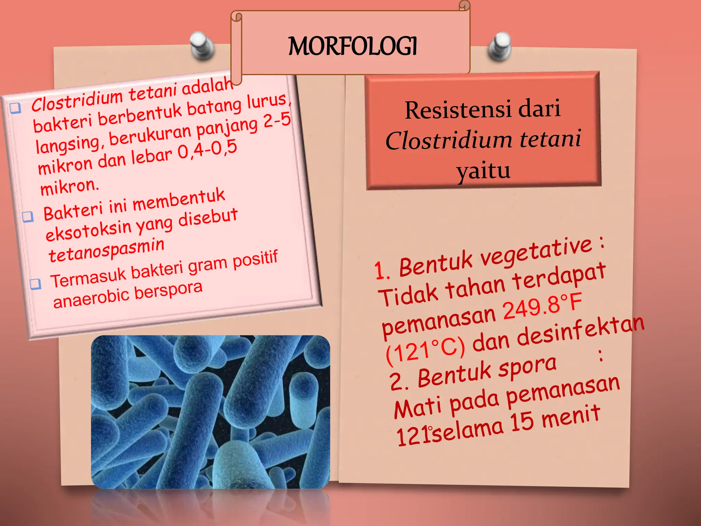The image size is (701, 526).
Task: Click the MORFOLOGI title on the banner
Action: tap(353, 47)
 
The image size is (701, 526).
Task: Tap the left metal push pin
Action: tap(202, 46)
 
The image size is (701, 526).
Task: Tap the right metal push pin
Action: tap(500, 47)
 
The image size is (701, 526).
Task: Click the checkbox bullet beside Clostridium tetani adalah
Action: tap(15, 108)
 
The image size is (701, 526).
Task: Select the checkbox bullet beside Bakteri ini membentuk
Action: tap(28, 216)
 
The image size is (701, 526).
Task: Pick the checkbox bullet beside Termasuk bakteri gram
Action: tap(35, 284)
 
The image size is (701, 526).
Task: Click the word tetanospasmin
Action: tap(106, 250)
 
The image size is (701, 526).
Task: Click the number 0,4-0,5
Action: tap(207, 150)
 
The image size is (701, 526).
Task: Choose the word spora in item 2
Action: tap(527, 366)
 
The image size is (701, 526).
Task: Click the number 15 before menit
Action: tap(522, 422)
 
